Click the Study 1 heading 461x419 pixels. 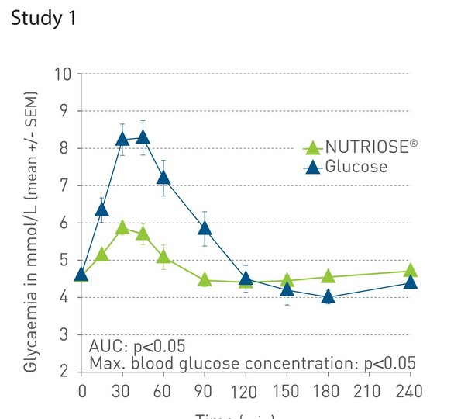(43, 19)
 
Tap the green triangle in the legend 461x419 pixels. (311, 147)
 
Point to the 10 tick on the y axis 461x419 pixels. (63, 74)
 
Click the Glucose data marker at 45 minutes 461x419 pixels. (143, 137)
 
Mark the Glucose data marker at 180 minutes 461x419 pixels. (328, 296)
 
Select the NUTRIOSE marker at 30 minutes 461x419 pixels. (122, 227)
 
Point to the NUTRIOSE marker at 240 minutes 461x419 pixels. (411, 270)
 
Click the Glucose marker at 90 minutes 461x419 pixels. (205, 227)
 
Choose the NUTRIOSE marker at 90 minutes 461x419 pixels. (205, 279)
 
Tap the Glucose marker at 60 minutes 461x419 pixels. (163, 177)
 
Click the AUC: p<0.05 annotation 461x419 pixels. (137, 346)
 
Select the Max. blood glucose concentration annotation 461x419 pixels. (253, 362)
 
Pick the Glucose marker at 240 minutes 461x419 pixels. (411, 282)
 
